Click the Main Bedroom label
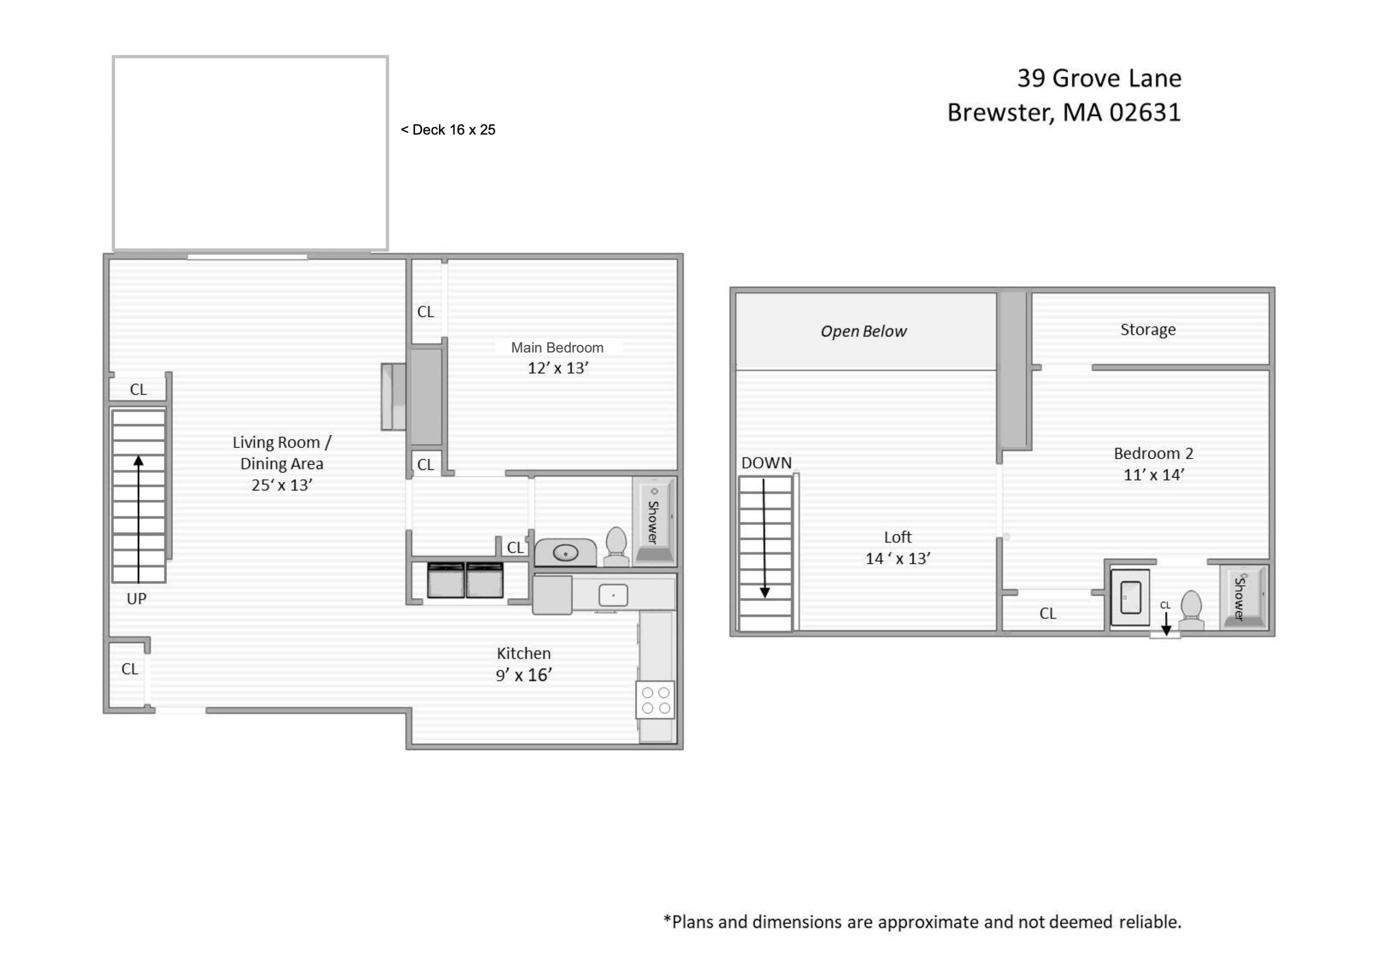(x=557, y=348)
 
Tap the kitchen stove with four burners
(x=655, y=700)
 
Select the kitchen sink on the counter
(x=613, y=596)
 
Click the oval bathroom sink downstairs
(x=565, y=553)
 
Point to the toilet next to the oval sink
(x=616, y=547)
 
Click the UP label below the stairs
(x=136, y=598)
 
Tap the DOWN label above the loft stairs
(x=766, y=463)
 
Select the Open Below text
(x=863, y=331)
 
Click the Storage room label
(x=1148, y=329)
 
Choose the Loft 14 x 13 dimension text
(x=897, y=559)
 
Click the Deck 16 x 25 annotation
(x=448, y=130)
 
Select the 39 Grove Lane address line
(x=1099, y=78)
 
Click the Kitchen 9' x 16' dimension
(x=524, y=675)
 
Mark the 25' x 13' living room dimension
(x=282, y=485)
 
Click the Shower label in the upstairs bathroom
(x=1240, y=598)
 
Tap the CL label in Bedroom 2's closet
(x=1048, y=614)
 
